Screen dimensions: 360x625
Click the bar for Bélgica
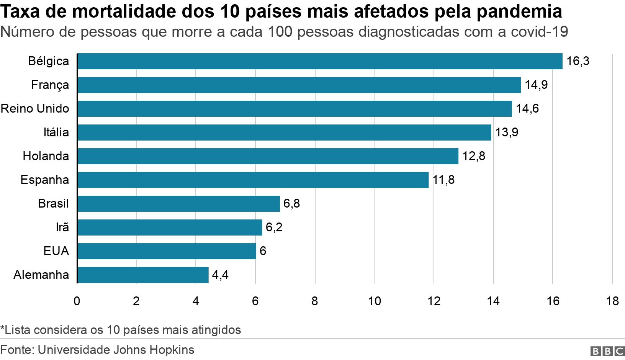(x=320, y=61)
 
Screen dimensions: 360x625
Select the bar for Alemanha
(x=143, y=275)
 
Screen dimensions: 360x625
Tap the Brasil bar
(x=179, y=204)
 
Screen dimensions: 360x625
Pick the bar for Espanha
(x=253, y=180)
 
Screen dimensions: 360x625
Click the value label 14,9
(x=536, y=85)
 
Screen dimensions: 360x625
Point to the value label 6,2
(x=274, y=227)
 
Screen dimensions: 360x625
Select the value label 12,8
(x=474, y=156)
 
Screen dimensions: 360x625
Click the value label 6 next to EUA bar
(x=263, y=251)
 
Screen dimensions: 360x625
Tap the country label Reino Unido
(x=35, y=109)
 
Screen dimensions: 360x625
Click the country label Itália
(x=56, y=133)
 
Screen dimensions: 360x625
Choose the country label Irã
(x=62, y=227)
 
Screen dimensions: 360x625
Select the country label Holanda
(x=46, y=156)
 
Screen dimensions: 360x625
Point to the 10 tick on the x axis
(x=375, y=301)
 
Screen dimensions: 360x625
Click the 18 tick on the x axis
(x=612, y=301)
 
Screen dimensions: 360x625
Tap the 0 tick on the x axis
(x=77, y=301)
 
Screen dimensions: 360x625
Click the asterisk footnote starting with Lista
(x=121, y=330)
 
